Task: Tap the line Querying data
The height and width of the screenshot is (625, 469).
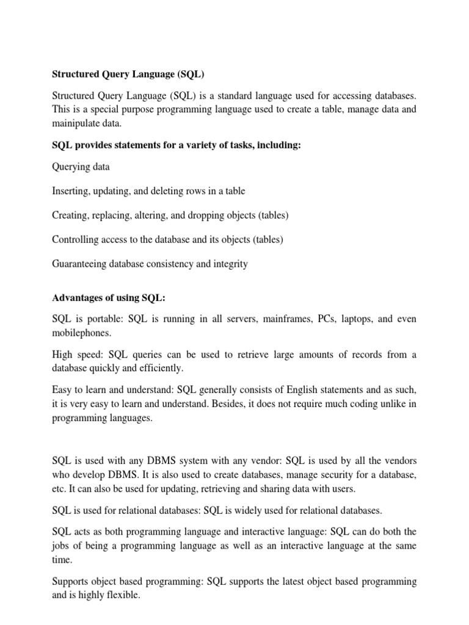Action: [x=81, y=167]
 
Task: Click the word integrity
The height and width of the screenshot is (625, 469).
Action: [x=228, y=264]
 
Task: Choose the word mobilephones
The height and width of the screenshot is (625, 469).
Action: [x=81, y=334]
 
